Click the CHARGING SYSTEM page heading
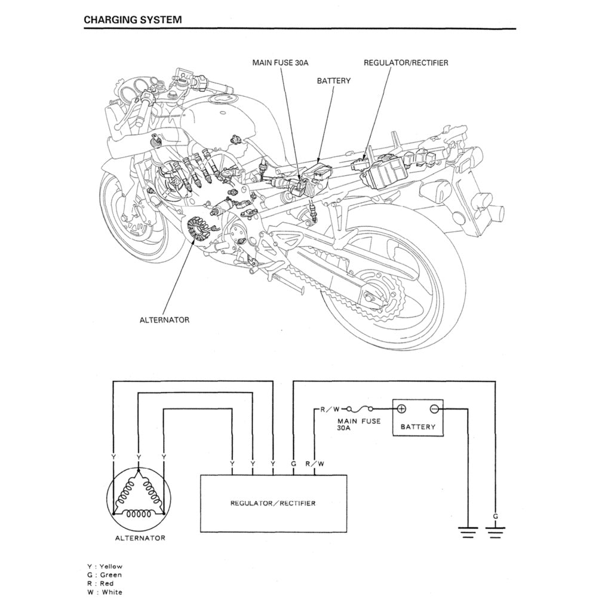click(x=133, y=19)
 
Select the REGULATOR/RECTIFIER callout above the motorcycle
click(x=406, y=62)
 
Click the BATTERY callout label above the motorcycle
click(x=333, y=81)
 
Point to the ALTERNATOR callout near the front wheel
click(x=164, y=320)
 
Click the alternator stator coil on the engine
click(x=197, y=231)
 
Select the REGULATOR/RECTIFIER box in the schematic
click(x=273, y=503)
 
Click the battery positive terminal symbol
click(x=401, y=409)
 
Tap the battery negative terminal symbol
click(x=434, y=409)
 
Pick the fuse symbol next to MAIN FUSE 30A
click(x=358, y=409)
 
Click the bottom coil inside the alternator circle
click(x=138, y=514)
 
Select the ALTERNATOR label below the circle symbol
click(x=140, y=538)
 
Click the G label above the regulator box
click(x=293, y=463)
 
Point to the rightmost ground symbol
click(x=495, y=530)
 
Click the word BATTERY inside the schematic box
click(x=417, y=427)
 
